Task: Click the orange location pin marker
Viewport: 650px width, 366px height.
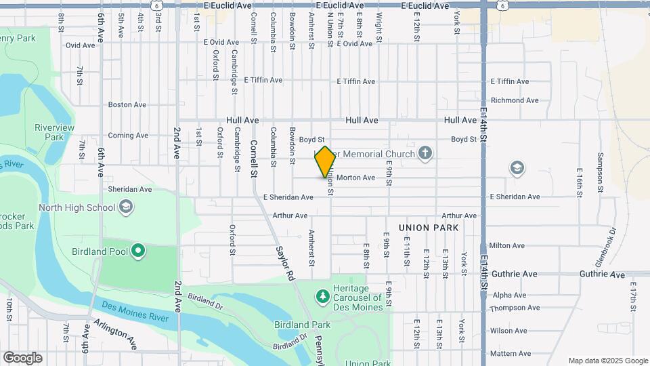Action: coord(325,162)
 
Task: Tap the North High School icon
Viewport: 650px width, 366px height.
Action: coord(125,207)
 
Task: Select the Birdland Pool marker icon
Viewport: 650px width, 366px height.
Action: coord(138,252)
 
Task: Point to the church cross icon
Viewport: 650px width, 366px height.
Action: coord(425,154)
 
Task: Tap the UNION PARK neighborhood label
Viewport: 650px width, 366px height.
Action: coord(428,228)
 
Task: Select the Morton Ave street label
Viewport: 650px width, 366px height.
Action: coord(355,178)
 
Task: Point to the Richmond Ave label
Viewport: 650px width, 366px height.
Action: coord(515,100)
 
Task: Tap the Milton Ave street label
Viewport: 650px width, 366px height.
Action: coord(508,245)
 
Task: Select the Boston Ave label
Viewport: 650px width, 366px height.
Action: coord(127,105)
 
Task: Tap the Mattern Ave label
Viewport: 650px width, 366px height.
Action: coord(511,354)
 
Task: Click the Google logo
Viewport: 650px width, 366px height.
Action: coord(22,358)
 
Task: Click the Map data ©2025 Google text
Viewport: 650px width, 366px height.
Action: coord(607,361)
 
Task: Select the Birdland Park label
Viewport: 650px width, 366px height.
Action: coord(302,325)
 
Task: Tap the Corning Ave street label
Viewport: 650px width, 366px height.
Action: coord(127,136)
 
